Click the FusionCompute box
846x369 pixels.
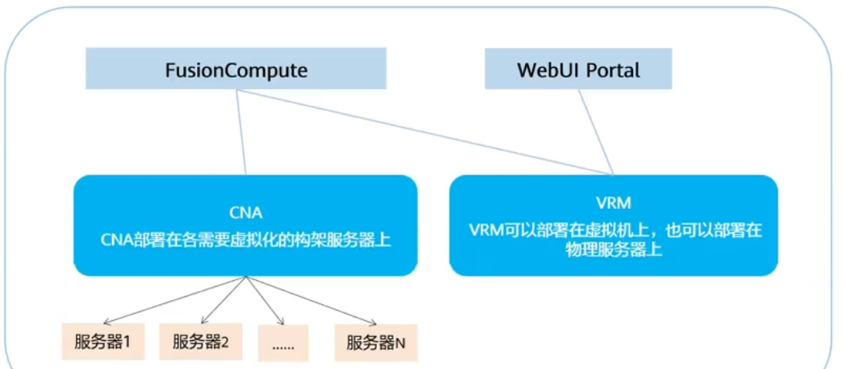pyautogui.click(x=236, y=69)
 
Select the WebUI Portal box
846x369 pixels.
pyautogui.click(x=578, y=69)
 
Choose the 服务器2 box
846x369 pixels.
pyautogui.click(x=200, y=343)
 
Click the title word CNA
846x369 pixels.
pyautogui.click(x=246, y=213)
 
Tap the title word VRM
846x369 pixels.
pyautogui.click(x=614, y=203)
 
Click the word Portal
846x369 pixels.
pyautogui.click(x=613, y=70)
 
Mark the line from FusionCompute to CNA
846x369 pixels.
pyautogui.click(x=243, y=132)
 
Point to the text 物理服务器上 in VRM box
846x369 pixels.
pyautogui.click(x=613, y=249)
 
